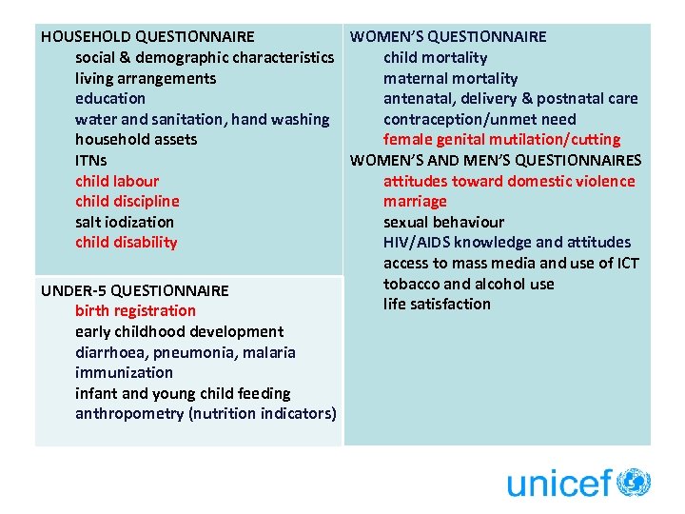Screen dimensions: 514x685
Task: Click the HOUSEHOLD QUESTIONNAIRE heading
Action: [147, 37]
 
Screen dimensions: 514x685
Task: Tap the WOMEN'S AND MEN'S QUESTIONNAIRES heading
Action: [495, 160]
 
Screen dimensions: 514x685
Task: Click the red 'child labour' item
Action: [117, 181]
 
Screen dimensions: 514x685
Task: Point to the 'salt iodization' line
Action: [124, 222]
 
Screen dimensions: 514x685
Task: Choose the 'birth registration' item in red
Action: [135, 310]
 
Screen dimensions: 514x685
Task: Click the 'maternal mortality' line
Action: [450, 78]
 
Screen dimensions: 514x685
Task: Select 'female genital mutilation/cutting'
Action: [501, 140]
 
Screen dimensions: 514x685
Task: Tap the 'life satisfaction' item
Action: [437, 305]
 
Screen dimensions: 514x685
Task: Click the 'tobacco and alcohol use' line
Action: [468, 284]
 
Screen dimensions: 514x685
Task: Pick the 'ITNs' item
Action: [91, 160]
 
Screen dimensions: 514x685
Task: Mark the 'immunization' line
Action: [124, 372]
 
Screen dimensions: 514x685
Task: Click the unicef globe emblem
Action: [634, 483]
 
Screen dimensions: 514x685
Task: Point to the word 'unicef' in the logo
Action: [558, 484]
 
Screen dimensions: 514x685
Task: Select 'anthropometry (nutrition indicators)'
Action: [205, 414]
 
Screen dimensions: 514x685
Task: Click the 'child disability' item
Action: [126, 243]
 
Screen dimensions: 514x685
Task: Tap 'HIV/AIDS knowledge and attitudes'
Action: [506, 243]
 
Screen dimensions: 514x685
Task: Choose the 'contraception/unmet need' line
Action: [479, 119]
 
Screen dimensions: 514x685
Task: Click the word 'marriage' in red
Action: [415, 202]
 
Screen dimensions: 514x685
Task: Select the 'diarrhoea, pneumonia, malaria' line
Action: [185, 352]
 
